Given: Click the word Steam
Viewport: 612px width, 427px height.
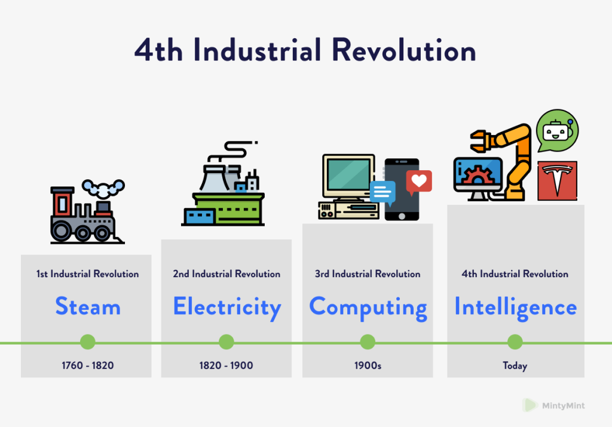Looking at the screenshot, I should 87,307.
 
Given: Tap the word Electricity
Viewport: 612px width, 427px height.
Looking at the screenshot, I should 227,307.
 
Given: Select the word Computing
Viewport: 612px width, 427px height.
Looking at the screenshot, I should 368,307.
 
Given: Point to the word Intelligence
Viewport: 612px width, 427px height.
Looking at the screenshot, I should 515,307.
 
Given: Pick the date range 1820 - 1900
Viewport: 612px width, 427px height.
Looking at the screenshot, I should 226,365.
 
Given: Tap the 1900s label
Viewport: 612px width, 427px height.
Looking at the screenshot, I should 368,365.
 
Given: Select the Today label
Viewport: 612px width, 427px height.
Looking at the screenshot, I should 515,365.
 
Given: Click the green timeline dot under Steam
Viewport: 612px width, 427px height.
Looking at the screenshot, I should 87,342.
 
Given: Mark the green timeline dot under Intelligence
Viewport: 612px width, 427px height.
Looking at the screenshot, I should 515,342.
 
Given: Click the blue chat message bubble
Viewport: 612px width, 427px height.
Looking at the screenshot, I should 382,193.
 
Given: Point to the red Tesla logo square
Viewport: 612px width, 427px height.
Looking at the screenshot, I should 557,180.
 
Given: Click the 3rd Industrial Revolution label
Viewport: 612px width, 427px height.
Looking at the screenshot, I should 368,274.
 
